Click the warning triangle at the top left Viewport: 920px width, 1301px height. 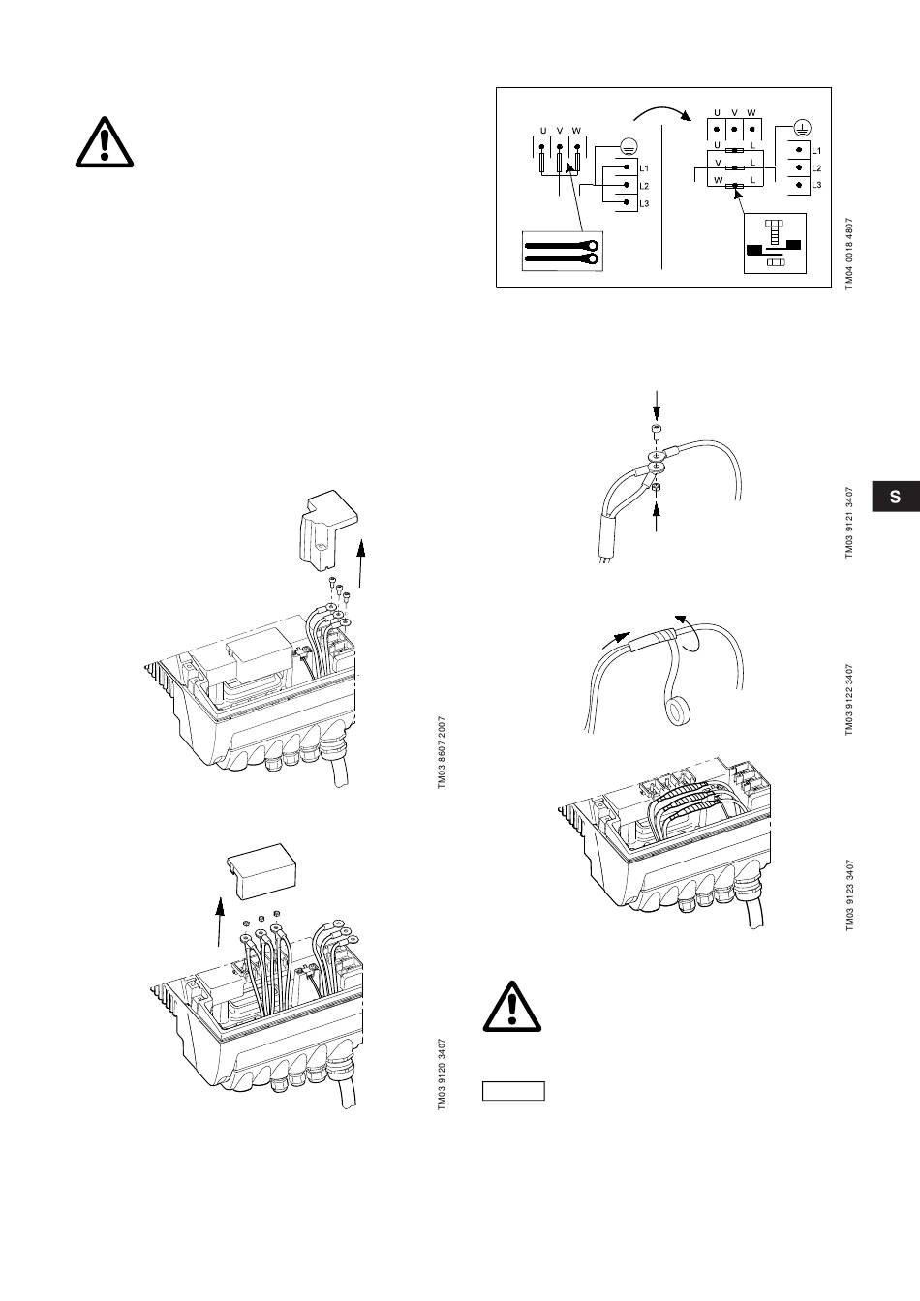tap(105, 141)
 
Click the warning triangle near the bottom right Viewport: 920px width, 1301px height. tap(513, 1008)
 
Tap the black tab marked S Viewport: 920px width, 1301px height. tap(895, 497)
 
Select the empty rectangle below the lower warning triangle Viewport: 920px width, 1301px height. tap(513, 1092)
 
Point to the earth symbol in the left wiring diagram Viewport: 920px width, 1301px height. tap(628, 147)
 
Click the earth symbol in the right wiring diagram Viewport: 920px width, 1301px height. tap(801, 127)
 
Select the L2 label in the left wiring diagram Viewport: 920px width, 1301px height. tap(644, 186)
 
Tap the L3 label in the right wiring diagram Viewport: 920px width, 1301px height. tap(816, 184)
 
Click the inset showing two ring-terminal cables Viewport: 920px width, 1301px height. tap(562, 251)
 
